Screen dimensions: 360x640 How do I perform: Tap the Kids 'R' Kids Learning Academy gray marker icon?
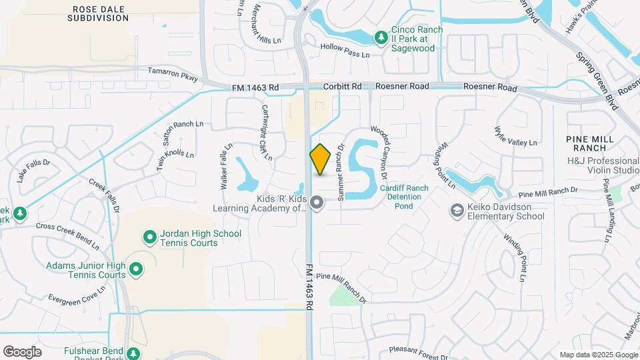[x=317, y=202]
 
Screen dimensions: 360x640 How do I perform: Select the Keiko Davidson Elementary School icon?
[x=457, y=211]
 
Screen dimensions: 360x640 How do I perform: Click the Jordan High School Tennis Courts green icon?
[x=150, y=237]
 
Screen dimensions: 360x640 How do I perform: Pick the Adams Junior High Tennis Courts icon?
[x=137, y=269]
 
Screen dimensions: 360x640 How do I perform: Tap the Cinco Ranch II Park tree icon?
[x=381, y=38]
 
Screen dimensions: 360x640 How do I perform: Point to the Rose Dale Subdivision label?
[x=98, y=13]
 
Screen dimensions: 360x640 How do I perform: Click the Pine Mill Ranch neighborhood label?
[x=594, y=142]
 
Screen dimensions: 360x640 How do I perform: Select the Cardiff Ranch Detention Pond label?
[x=404, y=197]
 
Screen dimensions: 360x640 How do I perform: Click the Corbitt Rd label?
[x=342, y=87]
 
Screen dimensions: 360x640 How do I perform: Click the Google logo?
[x=22, y=352]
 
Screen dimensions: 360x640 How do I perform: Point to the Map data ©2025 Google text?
[x=598, y=355]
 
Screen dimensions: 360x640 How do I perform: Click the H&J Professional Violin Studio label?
[x=603, y=165]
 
